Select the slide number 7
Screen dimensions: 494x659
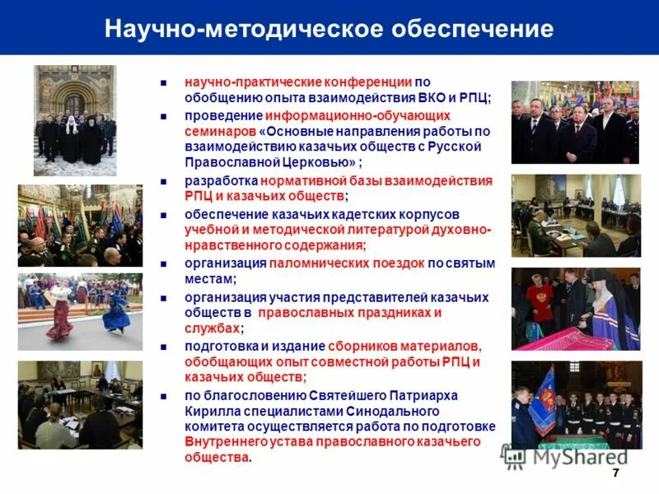click(x=615, y=473)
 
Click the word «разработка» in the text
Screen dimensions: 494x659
click(x=221, y=180)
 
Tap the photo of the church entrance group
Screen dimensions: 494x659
click(x=74, y=121)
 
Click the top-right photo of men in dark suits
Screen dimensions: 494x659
click(x=575, y=122)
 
